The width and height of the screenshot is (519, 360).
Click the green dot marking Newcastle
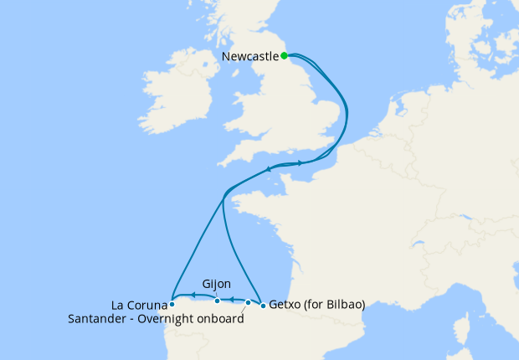click(285, 56)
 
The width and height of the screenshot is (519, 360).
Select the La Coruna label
click(138, 304)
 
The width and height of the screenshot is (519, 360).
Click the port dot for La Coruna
click(172, 305)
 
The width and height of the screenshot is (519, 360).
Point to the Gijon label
click(217, 284)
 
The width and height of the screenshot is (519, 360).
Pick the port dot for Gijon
click(218, 301)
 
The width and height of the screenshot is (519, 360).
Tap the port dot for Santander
click(248, 302)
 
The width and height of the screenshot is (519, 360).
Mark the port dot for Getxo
click(263, 306)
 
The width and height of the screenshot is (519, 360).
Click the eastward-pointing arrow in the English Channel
click(300, 163)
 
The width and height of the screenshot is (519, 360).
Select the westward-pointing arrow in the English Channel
click(269, 169)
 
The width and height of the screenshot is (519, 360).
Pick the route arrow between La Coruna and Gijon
click(193, 295)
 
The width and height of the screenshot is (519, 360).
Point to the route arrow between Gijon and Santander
click(232, 299)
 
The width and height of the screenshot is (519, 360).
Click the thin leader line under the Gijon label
click(217, 294)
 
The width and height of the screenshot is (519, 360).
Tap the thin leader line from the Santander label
click(244, 311)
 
